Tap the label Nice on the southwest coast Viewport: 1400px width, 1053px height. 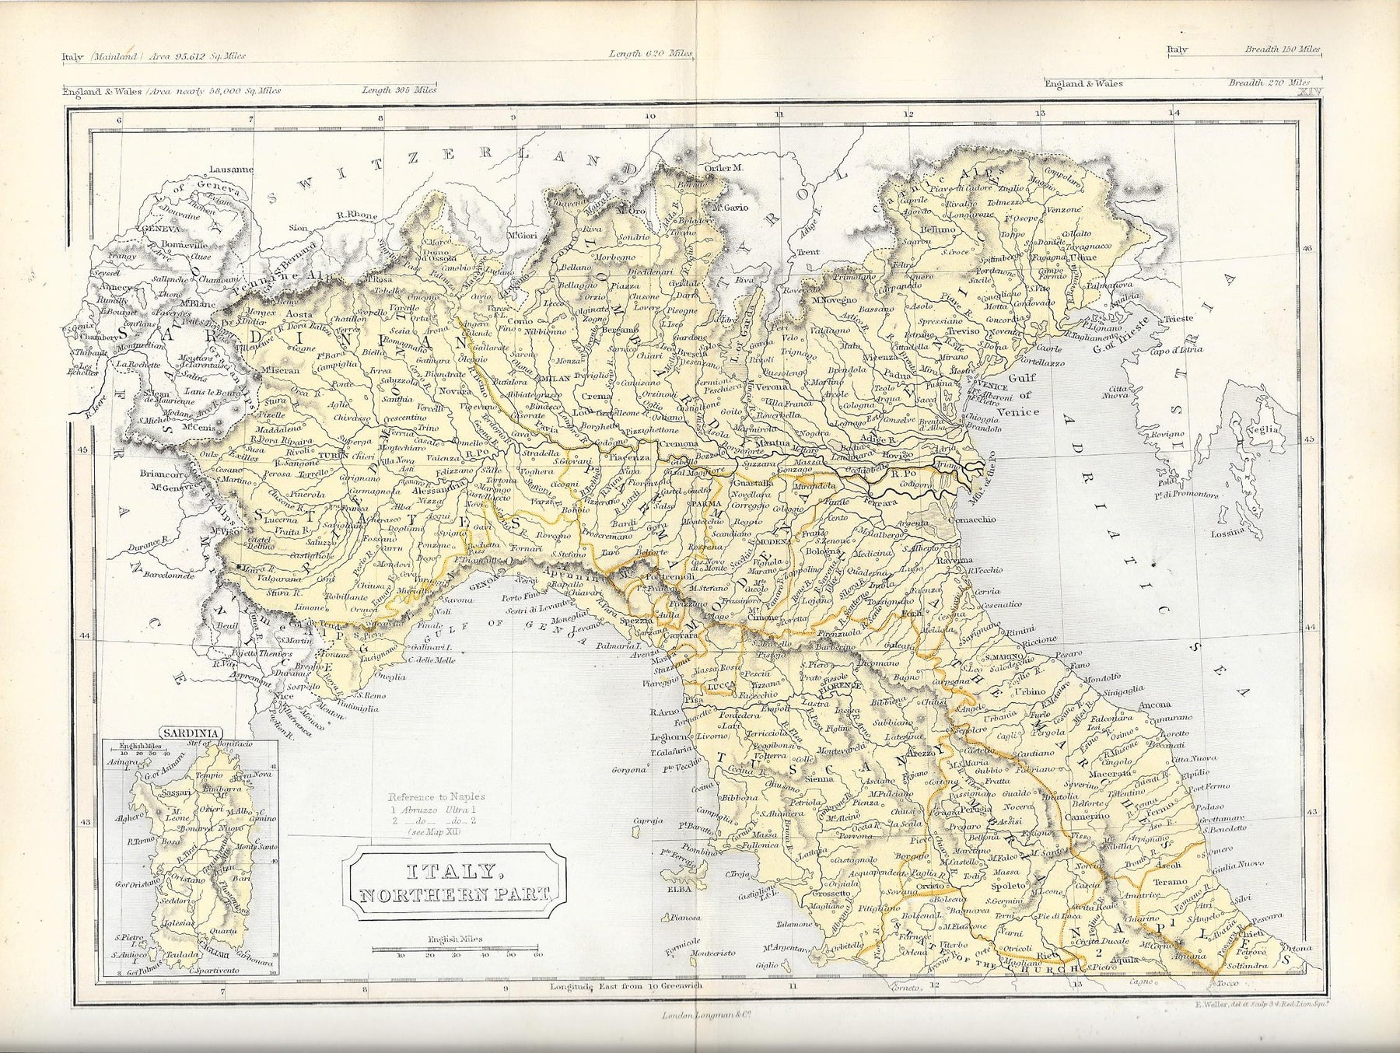pos(284,697)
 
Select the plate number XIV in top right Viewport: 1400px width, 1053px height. pos(1309,92)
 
